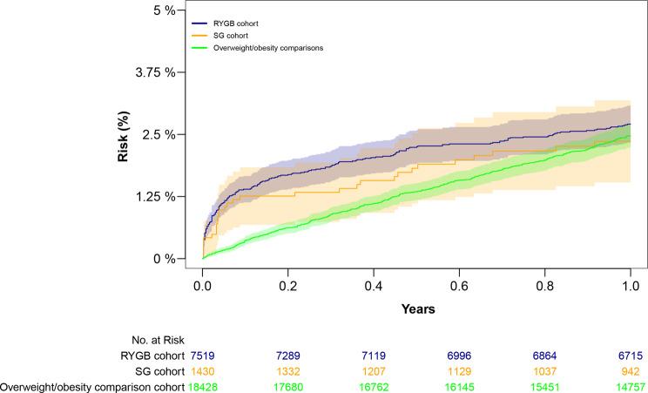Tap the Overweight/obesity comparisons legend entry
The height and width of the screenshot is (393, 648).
[x=268, y=48]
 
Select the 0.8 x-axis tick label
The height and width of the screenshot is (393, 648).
[x=545, y=284]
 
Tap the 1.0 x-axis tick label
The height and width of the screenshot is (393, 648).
[x=631, y=284]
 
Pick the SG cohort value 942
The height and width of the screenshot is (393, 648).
[x=631, y=370]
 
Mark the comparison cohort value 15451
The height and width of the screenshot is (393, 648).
[x=545, y=384]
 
